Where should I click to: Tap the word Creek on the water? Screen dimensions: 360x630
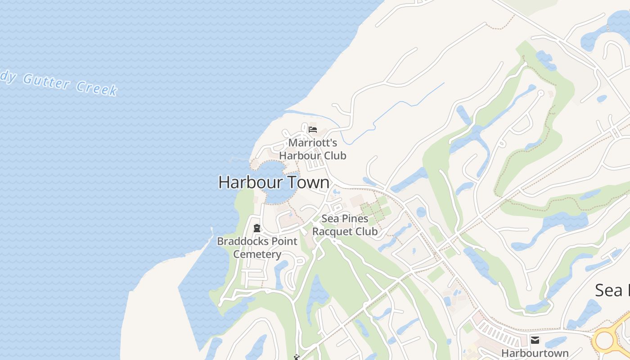97,88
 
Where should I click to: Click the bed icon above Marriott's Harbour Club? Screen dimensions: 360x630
313,130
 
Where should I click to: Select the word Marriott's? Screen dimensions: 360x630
312,143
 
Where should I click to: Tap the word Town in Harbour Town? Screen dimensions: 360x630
309,182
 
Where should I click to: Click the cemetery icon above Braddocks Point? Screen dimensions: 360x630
257,228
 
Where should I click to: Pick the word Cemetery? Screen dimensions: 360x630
257,254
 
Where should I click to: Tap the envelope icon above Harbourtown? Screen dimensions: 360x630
535,340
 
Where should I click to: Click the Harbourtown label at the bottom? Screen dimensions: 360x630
535,353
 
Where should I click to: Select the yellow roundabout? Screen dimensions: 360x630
605,341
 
